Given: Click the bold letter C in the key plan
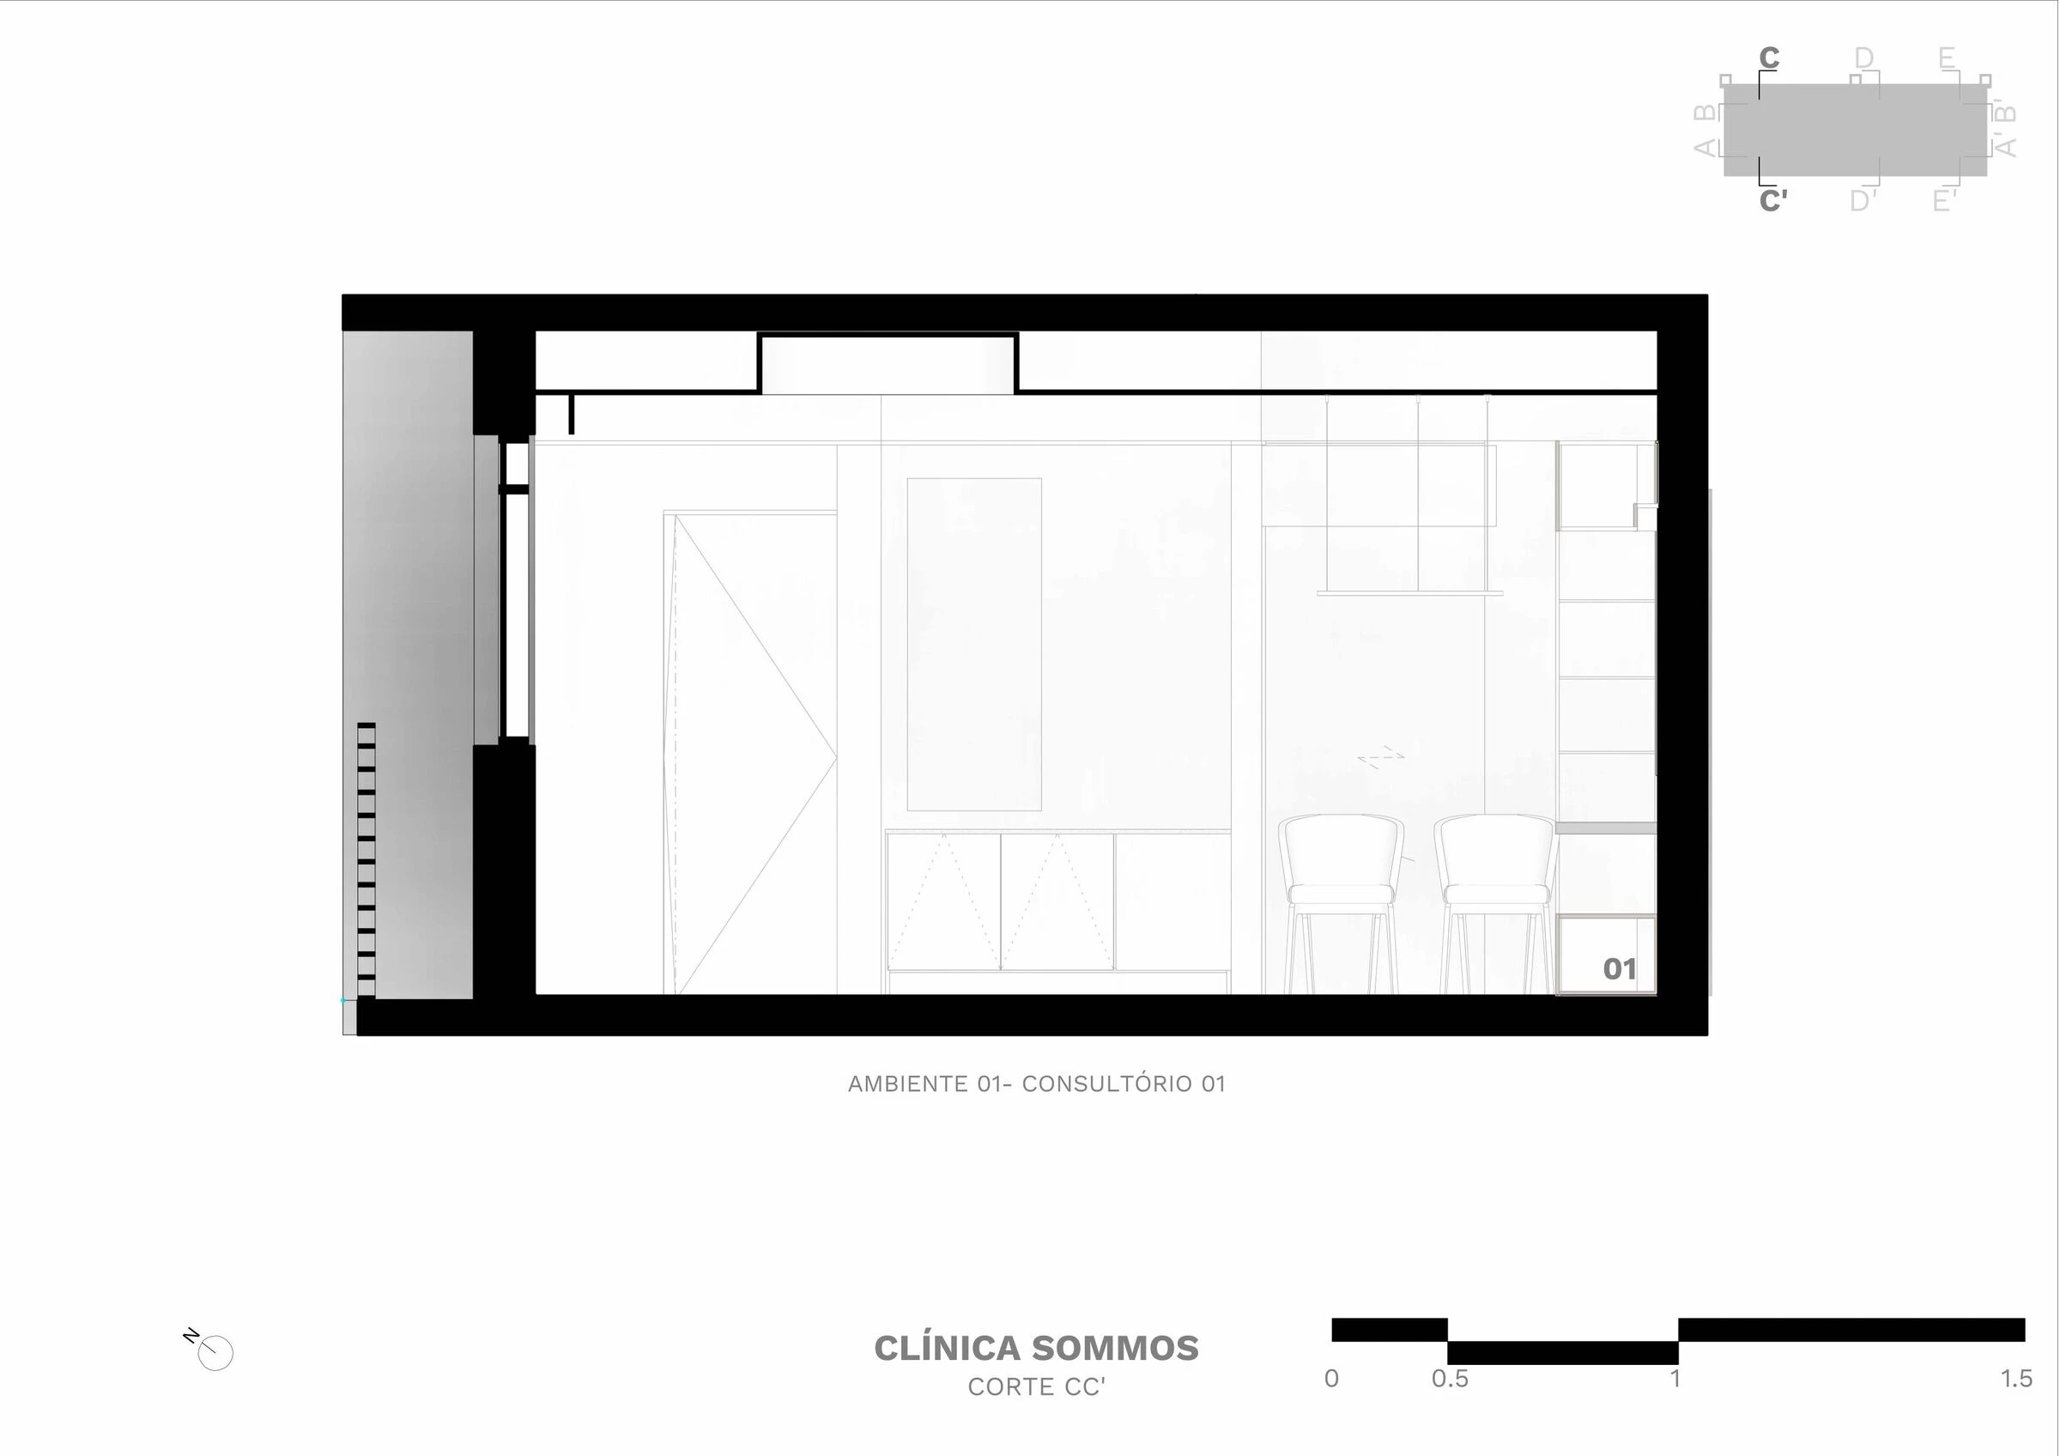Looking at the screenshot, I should [x=1768, y=58].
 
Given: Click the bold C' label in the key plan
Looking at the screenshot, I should [x=1772, y=200].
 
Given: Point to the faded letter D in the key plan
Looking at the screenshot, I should [x=1864, y=58].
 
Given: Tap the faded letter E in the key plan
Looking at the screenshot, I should [x=1946, y=58].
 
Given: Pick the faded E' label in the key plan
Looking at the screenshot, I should [x=1944, y=200].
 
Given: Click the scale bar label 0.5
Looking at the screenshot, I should [x=1450, y=1379].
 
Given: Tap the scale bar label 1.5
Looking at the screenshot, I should [x=2016, y=1379].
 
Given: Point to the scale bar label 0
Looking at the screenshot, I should [x=1331, y=1379].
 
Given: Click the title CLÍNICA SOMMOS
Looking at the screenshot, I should [x=1036, y=1349].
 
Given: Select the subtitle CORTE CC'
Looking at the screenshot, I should [x=1036, y=1388].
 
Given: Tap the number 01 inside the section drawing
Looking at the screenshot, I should [x=1620, y=969].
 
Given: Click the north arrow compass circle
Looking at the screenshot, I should [x=215, y=1353].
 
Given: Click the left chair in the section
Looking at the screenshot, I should [x=1341, y=897].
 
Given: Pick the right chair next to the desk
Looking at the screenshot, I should [x=1497, y=897].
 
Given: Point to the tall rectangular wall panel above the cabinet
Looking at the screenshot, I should [x=974, y=644].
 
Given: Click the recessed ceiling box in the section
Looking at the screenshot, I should [x=888, y=364].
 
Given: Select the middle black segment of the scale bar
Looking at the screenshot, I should [x=1562, y=1353].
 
